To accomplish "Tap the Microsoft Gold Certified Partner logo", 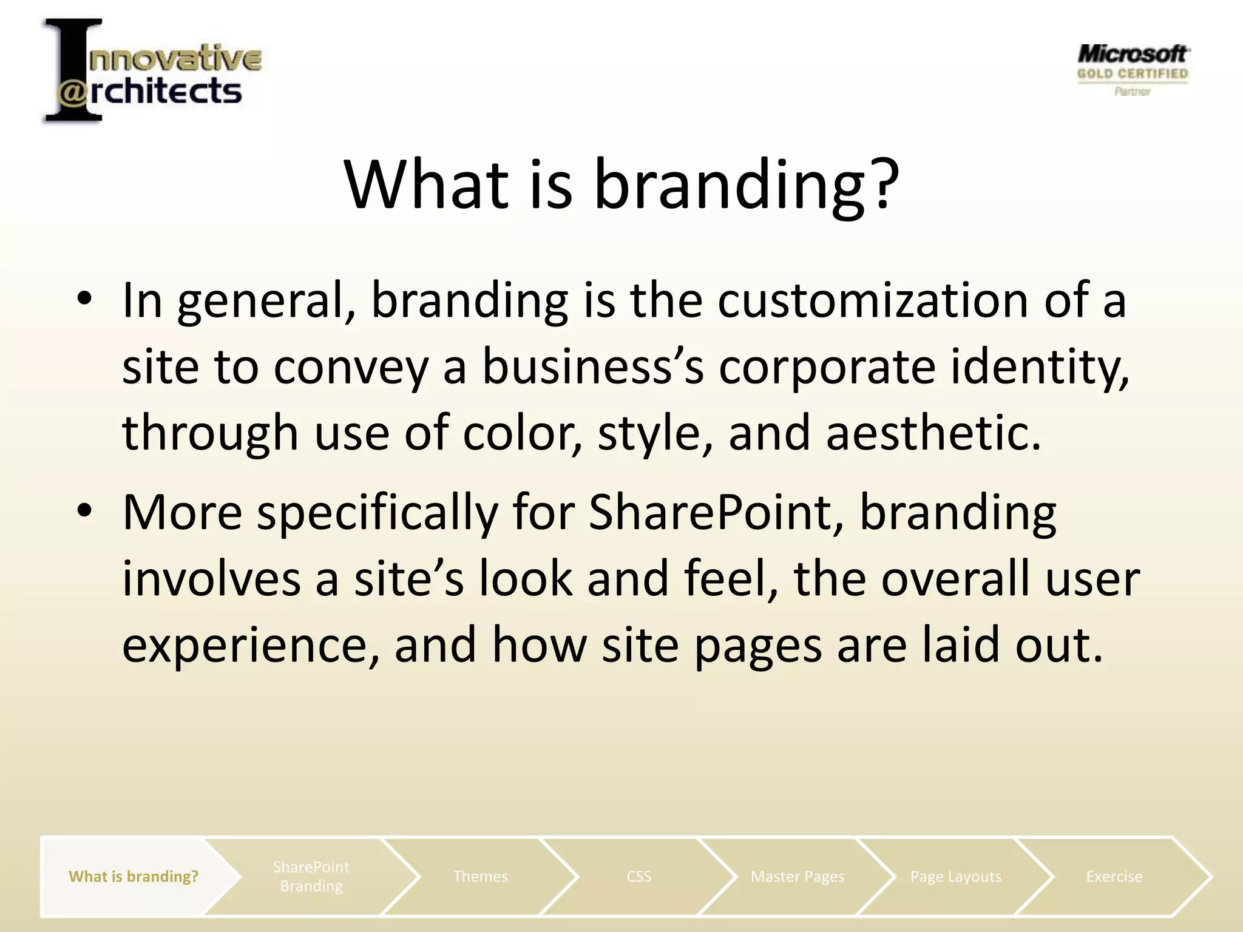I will click(1133, 70).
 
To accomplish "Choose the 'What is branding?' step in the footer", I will click(134, 876).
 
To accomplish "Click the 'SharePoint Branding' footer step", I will click(311, 876).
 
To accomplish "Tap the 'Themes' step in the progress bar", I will click(480, 876).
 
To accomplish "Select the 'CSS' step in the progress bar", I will click(638, 876).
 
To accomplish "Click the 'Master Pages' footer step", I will click(797, 876).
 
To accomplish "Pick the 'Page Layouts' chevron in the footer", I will click(955, 876).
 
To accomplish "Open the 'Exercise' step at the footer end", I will click(1114, 876).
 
